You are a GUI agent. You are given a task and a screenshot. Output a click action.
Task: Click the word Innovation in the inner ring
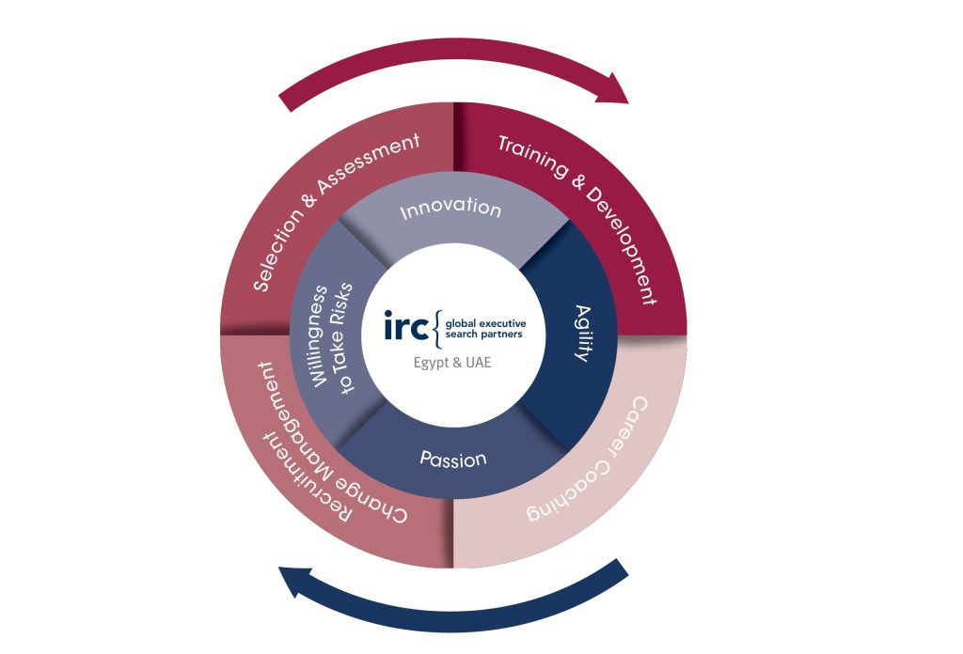450,208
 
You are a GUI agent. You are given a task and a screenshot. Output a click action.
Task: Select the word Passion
453,460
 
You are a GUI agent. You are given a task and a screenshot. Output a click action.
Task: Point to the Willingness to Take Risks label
324,338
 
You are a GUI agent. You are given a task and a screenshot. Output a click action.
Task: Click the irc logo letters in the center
407,324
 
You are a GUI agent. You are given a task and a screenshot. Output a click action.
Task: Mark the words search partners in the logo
484,333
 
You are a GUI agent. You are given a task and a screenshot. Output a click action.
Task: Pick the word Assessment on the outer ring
375,168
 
